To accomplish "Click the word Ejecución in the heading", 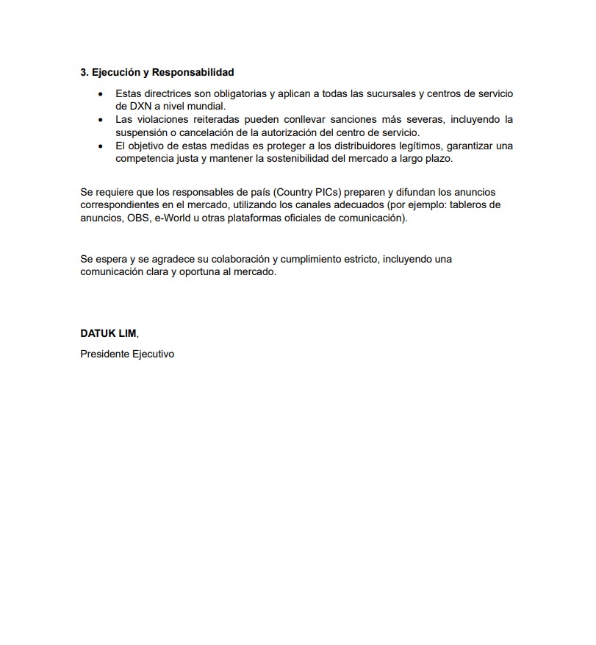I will [x=114, y=73].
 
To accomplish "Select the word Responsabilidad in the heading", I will [x=193, y=73].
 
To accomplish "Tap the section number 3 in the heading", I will [x=83, y=73].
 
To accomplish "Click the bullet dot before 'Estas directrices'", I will [x=101, y=94].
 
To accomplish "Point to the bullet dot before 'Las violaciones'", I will [x=101, y=120].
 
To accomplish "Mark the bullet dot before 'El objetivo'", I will [x=101, y=146].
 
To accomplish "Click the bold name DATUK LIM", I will [x=108, y=333].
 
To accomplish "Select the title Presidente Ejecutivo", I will [x=127, y=354].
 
